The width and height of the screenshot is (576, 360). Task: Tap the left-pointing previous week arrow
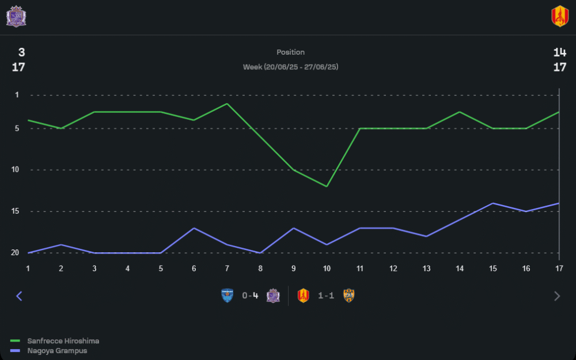point(19,296)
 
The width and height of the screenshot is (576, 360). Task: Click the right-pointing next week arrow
point(556,296)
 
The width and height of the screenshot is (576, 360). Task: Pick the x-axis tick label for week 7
point(228,268)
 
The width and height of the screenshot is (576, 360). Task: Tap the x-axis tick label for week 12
point(393,268)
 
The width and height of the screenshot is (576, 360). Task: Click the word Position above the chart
point(290,52)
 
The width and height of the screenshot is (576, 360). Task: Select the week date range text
point(290,67)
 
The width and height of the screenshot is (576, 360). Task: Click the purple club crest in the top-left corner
point(16,17)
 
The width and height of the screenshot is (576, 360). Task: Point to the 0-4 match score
point(250,296)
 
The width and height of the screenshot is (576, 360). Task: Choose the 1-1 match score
point(326,296)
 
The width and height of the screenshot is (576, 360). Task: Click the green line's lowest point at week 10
point(327,186)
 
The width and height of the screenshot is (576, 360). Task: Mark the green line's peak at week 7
point(228,104)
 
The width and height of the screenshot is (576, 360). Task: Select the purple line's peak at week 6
point(194,228)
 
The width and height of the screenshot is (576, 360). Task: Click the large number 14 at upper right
point(559,52)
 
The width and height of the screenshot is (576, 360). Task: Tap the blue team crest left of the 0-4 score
point(228,296)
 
